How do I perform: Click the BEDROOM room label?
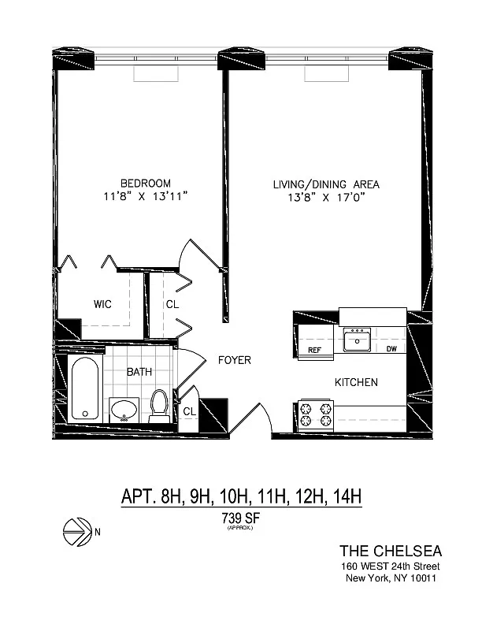tap(146, 183)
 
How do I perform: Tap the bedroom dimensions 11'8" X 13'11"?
tap(146, 196)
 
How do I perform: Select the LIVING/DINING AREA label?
tap(326, 184)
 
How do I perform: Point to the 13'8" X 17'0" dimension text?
tap(327, 198)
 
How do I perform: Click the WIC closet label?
tap(102, 304)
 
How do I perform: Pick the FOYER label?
tap(235, 360)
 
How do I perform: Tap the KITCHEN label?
tap(356, 382)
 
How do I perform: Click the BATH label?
tap(139, 372)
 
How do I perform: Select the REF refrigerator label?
tap(314, 350)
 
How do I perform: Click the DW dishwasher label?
tap(391, 349)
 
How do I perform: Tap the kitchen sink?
tap(357, 340)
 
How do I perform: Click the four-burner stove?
tap(316, 415)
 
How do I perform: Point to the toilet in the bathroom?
tap(159, 406)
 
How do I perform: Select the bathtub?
tap(85, 388)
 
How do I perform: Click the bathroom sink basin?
tap(124, 410)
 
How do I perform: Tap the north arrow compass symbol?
tap(76, 532)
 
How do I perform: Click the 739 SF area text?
tap(240, 518)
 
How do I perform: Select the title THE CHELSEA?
tap(391, 551)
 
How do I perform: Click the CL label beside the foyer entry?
tap(190, 411)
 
